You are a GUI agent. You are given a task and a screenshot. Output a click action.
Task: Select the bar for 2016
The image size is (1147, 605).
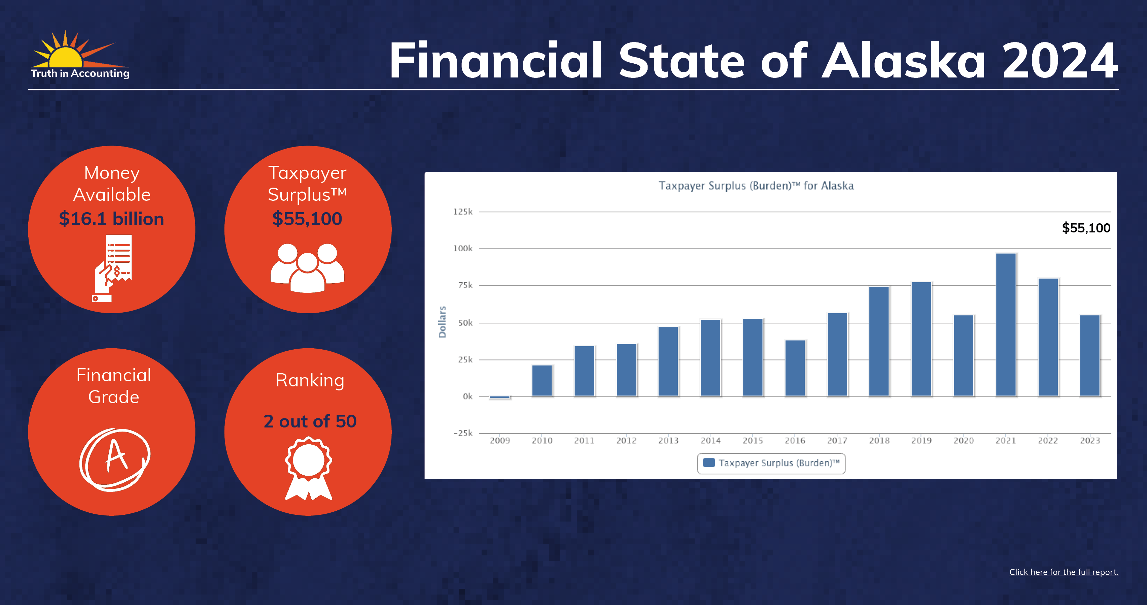(x=795, y=368)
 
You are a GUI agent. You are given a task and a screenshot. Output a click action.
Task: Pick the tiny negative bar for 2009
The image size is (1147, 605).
(x=499, y=397)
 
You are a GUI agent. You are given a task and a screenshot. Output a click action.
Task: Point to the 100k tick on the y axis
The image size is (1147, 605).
(x=463, y=248)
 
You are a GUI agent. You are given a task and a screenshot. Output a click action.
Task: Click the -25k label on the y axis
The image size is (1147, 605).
(x=463, y=433)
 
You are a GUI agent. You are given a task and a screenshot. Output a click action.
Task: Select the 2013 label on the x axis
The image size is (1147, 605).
(x=668, y=441)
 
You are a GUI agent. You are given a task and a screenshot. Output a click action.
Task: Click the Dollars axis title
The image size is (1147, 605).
(x=442, y=322)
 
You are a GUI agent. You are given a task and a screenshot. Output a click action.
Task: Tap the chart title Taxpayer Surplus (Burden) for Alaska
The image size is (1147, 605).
(x=756, y=186)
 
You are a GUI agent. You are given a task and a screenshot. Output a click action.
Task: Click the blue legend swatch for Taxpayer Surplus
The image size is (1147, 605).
(x=708, y=463)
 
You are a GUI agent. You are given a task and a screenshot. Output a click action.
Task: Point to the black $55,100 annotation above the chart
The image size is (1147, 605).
(x=1086, y=228)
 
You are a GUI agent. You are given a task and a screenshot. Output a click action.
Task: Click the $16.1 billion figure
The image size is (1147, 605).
(x=111, y=219)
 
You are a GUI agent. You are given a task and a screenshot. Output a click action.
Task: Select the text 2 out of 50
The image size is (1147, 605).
(x=310, y=421)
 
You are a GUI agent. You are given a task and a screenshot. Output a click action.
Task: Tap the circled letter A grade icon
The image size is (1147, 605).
(x=115, y=460)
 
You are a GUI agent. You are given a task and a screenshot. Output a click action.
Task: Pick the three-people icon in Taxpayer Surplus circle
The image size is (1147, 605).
(x=307, y=268)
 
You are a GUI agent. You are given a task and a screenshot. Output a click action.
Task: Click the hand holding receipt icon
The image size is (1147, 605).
(x=112, y=268)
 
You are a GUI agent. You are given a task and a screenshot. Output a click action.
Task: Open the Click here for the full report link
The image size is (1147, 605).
(x=1064, y=572)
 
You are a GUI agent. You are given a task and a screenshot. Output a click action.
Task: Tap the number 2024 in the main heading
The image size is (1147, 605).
(x=1060, y=61)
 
